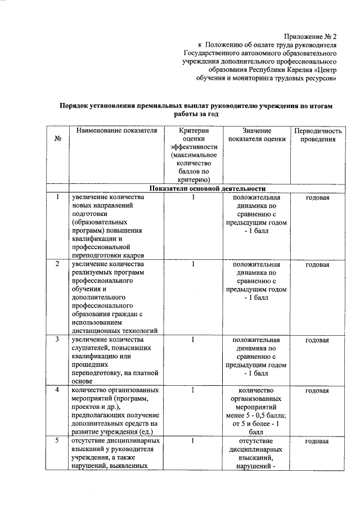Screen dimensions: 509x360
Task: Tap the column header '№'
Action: (58, 139)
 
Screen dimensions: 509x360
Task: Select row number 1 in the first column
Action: (57, 197)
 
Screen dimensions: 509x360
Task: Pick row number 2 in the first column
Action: (57, 264)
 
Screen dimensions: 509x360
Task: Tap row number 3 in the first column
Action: (57, 339)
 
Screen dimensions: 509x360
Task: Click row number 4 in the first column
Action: (57, 390)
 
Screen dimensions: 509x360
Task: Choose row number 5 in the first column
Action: (57, 441)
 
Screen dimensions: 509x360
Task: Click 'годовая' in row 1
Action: (318, 197)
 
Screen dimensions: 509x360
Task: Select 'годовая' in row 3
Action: (318, 339)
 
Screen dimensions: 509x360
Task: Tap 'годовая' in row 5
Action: (318, 441)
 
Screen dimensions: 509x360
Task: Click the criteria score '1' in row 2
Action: (192, 264)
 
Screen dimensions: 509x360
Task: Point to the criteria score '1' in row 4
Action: (192, 390)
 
